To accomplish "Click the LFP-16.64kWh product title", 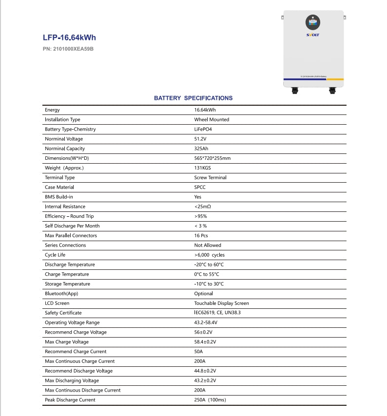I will [x=73, y=37].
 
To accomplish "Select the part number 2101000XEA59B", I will [x=68, y=49].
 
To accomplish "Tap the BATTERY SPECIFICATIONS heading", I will [x=193, y=98].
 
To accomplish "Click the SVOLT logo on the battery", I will [x=313, y=35].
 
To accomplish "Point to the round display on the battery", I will [x=313, y=22].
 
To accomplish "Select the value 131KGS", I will [x=202, y=168].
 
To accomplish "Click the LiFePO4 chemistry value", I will [x=203, y=129].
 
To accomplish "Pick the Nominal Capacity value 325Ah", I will [x=202, y=149].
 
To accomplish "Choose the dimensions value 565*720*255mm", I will [x=212, y=158].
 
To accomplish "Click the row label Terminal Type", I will [x=59, y=177].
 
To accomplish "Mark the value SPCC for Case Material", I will [x=200, y=187].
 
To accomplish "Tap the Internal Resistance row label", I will [x=65, y=207].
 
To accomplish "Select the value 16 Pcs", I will [x=201, y=235].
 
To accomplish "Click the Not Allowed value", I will [x=208, y=245].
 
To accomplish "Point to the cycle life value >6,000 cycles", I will [x=210, y=255].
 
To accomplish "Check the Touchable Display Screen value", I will [x=221, y=303].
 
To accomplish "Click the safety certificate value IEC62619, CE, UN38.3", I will [x=217, y=313].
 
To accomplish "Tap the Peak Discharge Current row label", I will [x=70, y=400].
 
